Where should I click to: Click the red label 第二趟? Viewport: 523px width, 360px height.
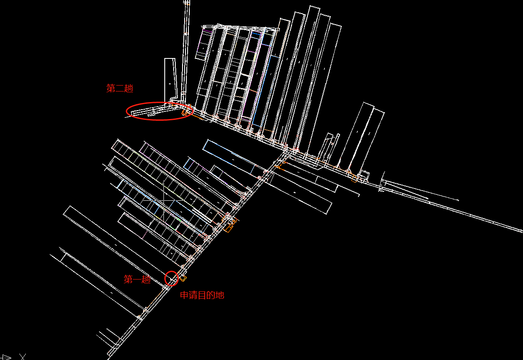[119, 89]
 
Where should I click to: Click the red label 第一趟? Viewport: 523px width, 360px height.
[137, 280]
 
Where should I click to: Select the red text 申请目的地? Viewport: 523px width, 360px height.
[202, 295]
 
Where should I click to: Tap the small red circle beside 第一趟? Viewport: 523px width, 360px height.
[172, 278]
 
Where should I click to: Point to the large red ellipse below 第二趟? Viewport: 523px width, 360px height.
[160, 111]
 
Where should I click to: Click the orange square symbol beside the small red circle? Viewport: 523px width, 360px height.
[183, 278]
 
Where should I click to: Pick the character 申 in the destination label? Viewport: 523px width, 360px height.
[185, 295]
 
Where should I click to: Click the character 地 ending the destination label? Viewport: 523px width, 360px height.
[219, 295]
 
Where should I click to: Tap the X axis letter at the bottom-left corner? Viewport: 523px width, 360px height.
[23, 357]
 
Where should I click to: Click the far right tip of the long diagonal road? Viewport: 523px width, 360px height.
[522, 232]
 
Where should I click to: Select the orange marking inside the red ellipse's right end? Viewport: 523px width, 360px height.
[185, 112]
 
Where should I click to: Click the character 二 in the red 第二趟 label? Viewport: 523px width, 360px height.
[120, 89]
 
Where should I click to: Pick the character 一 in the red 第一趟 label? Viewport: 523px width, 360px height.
[137, 280]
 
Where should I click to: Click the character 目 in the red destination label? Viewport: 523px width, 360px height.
[202, 295]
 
